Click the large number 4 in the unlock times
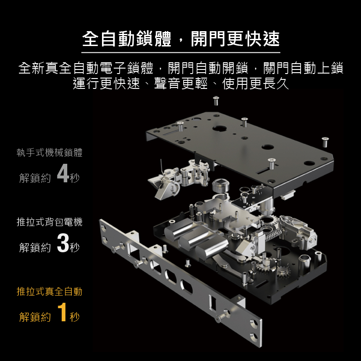(63, 173)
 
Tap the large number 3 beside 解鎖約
(63, 243)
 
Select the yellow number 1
(62, 312)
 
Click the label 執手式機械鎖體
(50, 153)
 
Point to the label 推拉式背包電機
(50, 222)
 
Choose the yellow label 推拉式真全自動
(50, 292)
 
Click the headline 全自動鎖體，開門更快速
(181, 39)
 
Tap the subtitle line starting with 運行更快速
(181, 83)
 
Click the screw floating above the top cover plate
(216, 101)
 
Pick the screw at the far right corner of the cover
(325, 142)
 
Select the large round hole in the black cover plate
(219, 128)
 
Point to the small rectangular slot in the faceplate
(212, 302)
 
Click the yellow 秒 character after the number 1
(74, 317)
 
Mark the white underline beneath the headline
(181, 53)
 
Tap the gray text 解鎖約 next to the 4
(35, 178)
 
